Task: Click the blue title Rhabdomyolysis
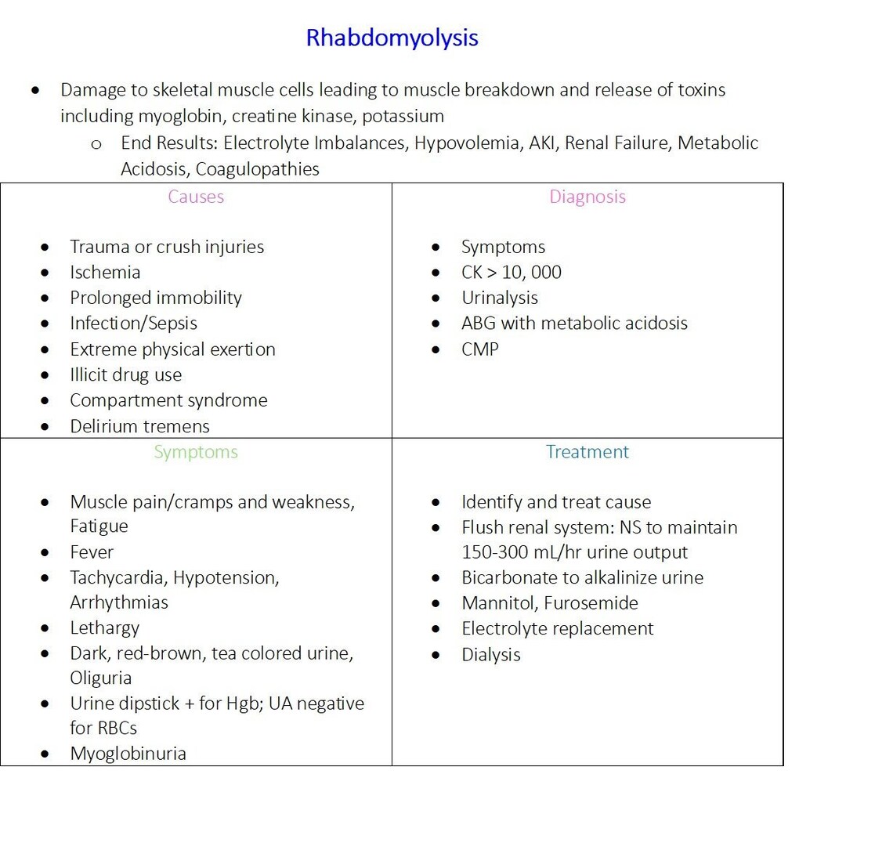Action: point(392,38)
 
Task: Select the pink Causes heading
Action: point(196,197)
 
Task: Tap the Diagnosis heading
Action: point(587,197)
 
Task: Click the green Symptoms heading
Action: point(196,452)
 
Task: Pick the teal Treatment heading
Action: point(587,452)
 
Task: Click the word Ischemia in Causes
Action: point(105,273)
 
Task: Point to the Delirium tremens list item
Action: point(139,426)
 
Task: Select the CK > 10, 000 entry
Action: point(511,273)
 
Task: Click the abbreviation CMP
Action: point(479,349)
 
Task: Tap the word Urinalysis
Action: point(500,298)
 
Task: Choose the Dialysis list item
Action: point(490,655)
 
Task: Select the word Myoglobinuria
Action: point(128,754)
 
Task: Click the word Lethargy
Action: point(104,628)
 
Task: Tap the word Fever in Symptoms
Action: point(92,552)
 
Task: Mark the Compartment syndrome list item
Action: point(168,400)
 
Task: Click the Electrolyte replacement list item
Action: point(557,629)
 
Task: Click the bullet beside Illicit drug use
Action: point(45,375)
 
